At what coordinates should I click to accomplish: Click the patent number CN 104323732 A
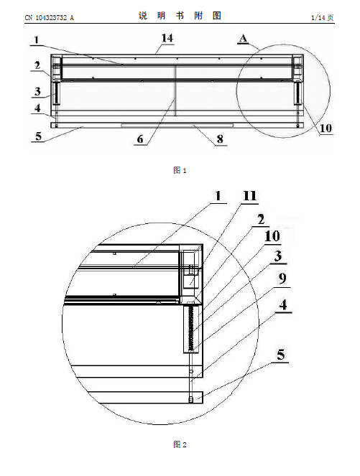point(49,18)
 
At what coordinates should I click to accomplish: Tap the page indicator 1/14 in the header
point(318,18)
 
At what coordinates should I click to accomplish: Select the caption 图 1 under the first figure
point(180,170)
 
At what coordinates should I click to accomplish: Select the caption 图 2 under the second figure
point(180,444)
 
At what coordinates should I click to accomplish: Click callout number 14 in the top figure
point(167,38)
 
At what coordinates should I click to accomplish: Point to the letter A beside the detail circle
point(244,38)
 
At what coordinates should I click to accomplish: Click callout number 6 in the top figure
point(140,139)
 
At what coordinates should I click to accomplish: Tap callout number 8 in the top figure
point(220,139)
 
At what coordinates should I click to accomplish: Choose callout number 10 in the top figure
point(326,128)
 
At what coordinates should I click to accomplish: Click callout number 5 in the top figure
point(38,136)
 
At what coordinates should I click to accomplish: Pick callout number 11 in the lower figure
point(250,196)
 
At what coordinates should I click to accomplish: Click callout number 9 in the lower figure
point(282,279)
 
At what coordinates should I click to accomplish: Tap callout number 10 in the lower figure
point(272,236)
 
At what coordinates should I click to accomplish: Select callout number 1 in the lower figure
point(218,196)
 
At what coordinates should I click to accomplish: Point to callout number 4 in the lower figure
point(283,304)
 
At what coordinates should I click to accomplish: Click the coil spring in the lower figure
point(191,328)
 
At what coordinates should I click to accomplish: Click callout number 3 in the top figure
point(37,91)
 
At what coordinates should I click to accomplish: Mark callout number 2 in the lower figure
point(261,220)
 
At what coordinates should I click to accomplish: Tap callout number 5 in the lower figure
point(281,355)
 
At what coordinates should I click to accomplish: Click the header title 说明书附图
point(180,16)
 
